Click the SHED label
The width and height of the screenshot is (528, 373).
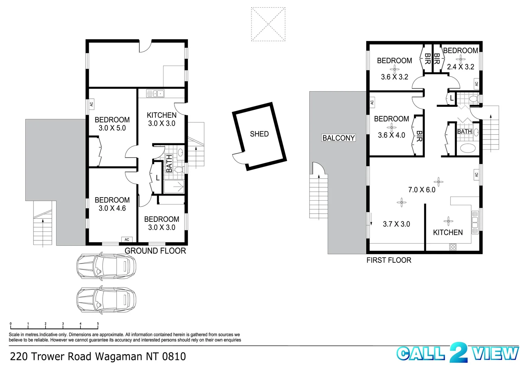(x=259, y=134)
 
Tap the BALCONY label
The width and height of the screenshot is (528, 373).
(x=338, y=138)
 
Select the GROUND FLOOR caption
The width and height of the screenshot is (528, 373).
(x=155, y=251)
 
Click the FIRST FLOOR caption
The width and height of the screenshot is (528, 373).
(x=389, y=260)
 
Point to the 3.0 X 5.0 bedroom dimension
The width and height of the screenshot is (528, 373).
(x=112, y=128)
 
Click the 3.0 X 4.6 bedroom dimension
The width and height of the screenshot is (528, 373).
(x=112, y=208)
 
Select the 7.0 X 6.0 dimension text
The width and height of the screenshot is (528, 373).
(x=422, y=190)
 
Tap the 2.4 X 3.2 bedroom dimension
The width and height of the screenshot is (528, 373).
(x=460, y=67)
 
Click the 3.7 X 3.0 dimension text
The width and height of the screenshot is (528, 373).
(x=396, y=224)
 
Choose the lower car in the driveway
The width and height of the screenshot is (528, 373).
(x=106, y=300)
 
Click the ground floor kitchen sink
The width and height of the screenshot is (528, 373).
(x=155, y=93)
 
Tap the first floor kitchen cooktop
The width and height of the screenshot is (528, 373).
(x=452, y=247)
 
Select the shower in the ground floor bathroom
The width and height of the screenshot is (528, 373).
(x=174, y=186)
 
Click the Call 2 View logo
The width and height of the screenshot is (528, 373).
(x=458, y=353)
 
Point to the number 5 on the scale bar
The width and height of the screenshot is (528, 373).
(x=98, y=324)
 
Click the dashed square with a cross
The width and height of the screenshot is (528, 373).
(x=268, y=24)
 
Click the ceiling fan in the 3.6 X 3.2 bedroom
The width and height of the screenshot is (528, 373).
(x=394, y=69)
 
